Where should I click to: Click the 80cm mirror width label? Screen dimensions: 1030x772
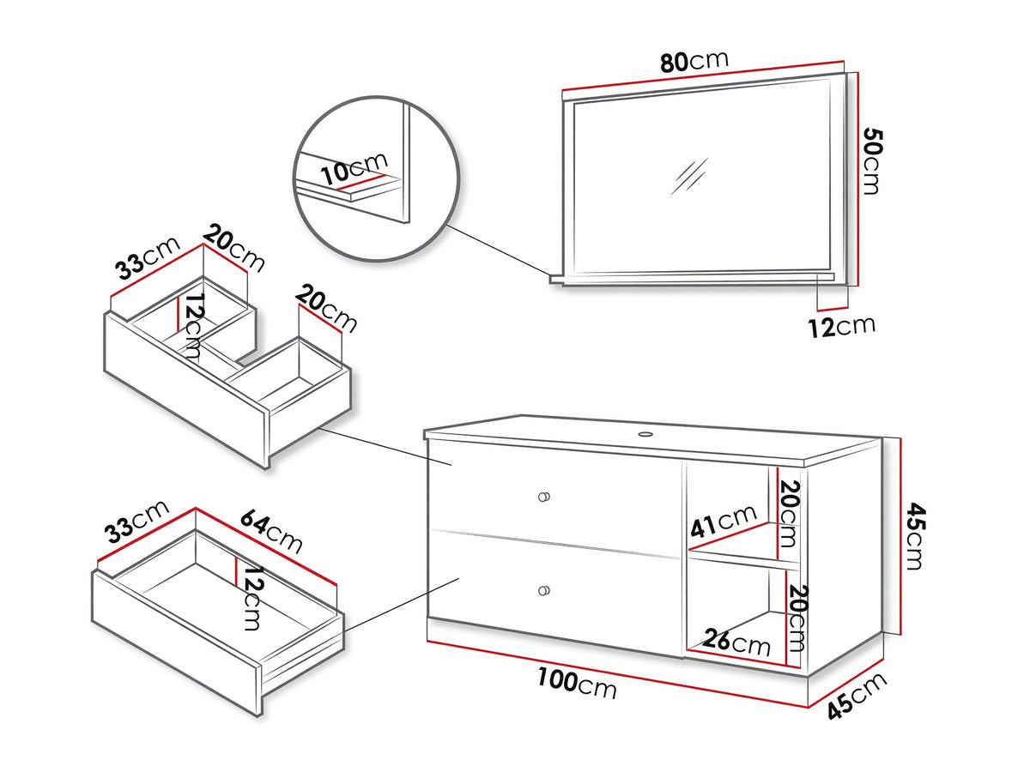pyautogui.click(x=694, y=61)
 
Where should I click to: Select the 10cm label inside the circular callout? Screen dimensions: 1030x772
pyautogui.click(x=354, y=168)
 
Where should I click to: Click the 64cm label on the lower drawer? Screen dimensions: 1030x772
pyautogui.click(x=271, y=533)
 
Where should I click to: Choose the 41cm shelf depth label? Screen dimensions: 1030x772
pyautogui.click(x=723, y=521)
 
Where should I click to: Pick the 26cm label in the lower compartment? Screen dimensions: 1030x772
pyautogui.click(x=736, y=642)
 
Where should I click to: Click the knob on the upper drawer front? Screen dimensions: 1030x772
pyautogui.click(x=544, y=497)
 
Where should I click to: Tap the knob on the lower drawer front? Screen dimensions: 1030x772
pyautogui.click(x=544, y=591)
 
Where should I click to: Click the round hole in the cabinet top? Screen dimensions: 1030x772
pyautogui.click(x=645, y=433)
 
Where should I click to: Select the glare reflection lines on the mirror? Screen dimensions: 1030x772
pyautogui.click(x=688, y=176)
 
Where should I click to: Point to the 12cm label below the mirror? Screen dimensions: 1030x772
pyautogui.click(x=841, y=327)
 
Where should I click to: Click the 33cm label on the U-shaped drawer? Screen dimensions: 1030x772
pyautogui.click(x=148, y=258)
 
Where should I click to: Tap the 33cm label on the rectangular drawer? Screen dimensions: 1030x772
pyautogui.click(x=136, y=522)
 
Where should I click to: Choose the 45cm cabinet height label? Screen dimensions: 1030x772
pyautogui.click(x=915, y=536)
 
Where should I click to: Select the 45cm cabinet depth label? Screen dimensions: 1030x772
pyautogui.click(x=857, y=696)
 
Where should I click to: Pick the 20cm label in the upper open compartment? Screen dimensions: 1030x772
pyautogui.click(x=789, y=514)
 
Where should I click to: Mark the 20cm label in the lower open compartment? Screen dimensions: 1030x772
pyautogui.click(x=798, y=618)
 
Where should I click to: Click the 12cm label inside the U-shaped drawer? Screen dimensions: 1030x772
pyautogui.click(x=193, y=326)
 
